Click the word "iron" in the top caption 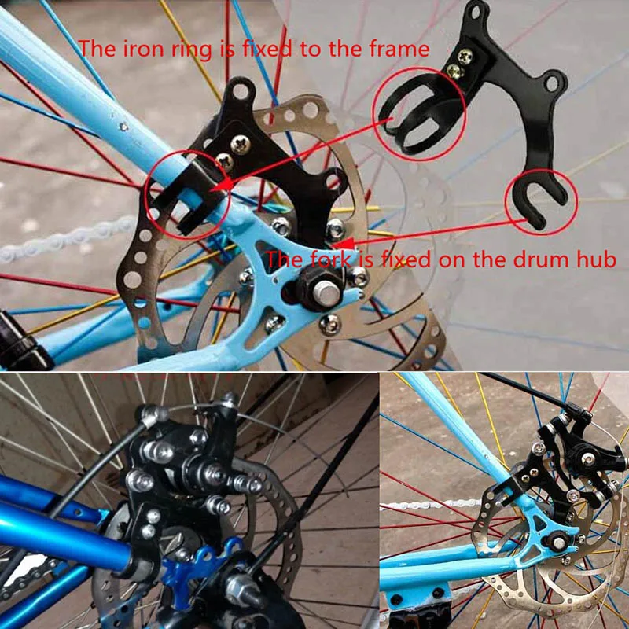pyautogui.click(x=148, y=49)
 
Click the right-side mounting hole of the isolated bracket pyautogui.click(x=555, y=79)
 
